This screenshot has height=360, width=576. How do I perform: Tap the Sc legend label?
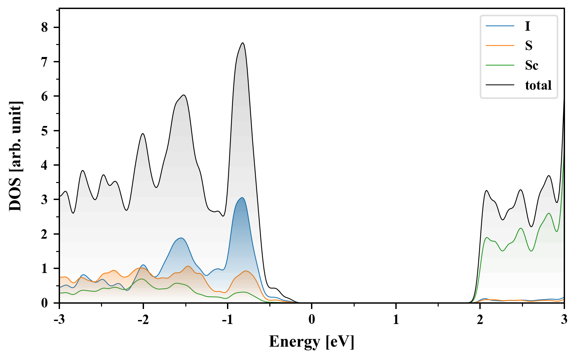[531, 65]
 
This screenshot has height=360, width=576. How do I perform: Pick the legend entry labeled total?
[538, 85]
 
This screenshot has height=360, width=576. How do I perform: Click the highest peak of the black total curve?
[243, 43]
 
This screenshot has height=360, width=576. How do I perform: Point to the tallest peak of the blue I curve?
[242, 198]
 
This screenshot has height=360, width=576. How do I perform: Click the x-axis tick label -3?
[59, 320]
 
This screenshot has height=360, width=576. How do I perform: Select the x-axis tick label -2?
[143, 320]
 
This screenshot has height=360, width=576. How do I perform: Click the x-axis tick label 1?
[396, 320]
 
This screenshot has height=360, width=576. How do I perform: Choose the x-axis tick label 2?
[480, 320]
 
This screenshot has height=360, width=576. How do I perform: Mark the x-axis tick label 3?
[564, 320]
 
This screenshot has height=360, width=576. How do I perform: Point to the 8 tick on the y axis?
[45, 27]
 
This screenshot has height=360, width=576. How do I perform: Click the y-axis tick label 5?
[45, 131]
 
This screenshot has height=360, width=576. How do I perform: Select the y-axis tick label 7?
[45, 62]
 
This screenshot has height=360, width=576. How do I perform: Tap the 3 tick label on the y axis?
[45, 200]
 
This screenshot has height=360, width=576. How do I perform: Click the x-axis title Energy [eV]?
[311, 342]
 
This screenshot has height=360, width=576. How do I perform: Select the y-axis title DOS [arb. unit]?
[15, 156]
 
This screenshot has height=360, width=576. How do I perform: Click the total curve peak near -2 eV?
[143, 134]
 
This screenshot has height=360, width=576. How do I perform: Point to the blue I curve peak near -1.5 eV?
[181, 238]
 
